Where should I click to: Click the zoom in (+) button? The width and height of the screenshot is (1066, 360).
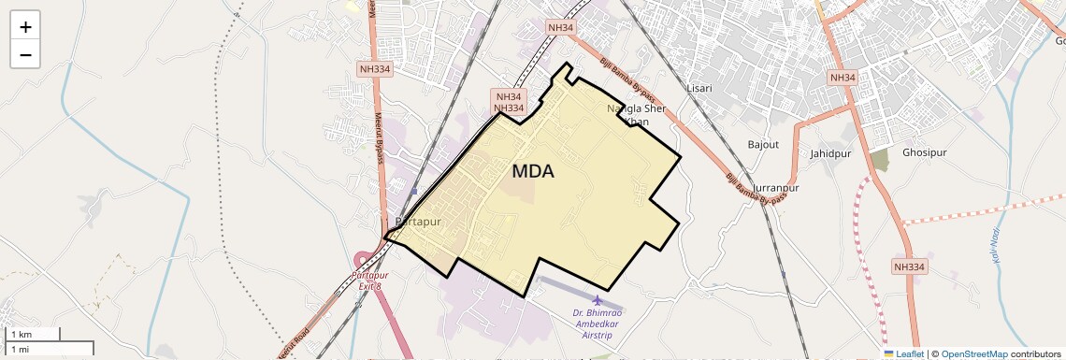pos(25,27)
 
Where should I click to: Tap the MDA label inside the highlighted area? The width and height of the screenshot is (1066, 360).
pos(533,172)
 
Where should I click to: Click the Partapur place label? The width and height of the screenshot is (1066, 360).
pos(418,222)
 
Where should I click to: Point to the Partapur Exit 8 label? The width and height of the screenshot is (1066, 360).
pos(369,280)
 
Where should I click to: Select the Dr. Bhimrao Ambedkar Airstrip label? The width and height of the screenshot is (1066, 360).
pos(598,323)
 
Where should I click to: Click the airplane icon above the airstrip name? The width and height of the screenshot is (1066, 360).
pos(598,300)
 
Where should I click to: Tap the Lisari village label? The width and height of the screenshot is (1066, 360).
pos(700,88)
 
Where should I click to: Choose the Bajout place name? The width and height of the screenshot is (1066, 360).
pos(764,144)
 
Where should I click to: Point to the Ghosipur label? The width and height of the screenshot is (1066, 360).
pos(925,152)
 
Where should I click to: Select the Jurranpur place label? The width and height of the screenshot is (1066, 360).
pos(776,188)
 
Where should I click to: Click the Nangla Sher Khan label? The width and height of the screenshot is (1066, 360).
pos(637,115)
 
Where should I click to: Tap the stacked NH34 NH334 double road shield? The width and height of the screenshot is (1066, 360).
pos(509,102)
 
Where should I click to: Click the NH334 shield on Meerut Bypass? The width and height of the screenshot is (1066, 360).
pos(376,68)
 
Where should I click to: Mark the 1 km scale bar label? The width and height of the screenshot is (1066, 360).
pos(21,334)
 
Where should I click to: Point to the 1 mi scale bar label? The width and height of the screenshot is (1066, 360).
pos(20,349)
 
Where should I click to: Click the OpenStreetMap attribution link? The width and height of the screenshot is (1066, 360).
pos(974,353)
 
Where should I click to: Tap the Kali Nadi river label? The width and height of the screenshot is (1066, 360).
pos(997,248)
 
